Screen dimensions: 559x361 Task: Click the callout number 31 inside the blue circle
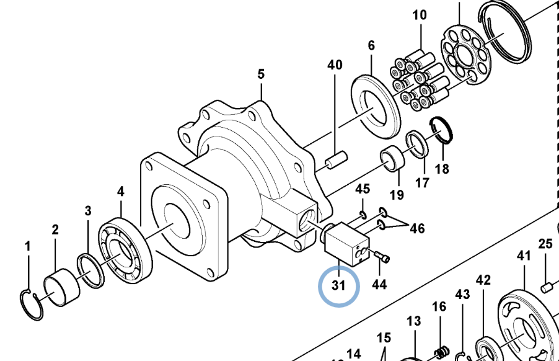[x=338, y=285]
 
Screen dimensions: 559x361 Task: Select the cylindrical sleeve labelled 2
[x=62, y=288]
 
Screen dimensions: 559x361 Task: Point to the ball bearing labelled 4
[x=125, y=250]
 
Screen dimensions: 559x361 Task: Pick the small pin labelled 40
[x=335, y=161]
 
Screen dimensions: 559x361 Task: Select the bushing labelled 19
[x=392, y=158]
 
